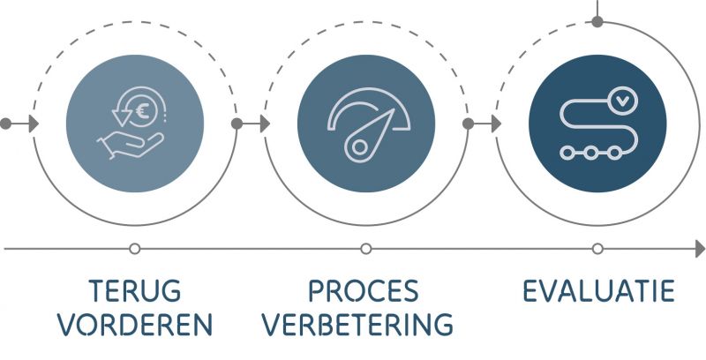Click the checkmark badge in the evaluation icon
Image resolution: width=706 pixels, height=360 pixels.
(x=623, y=101)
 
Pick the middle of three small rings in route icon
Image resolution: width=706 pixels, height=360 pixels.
(x=590, y=153)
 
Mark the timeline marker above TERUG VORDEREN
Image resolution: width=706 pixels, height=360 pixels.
(x=134, y=249)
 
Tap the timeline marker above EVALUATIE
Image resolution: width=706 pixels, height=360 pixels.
(x=597, y=249)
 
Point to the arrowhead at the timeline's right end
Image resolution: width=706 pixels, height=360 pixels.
(x=699, y=250)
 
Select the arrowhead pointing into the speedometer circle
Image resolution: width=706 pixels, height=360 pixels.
(x=264, y=124)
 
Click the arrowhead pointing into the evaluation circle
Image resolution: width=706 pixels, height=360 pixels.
(x=495, y=124)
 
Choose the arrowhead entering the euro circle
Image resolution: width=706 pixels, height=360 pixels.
(x=33, y=124)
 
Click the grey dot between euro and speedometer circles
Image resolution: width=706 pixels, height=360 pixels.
(x=237, y=124)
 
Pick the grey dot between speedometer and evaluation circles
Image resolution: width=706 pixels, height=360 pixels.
(x=468, y=124)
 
